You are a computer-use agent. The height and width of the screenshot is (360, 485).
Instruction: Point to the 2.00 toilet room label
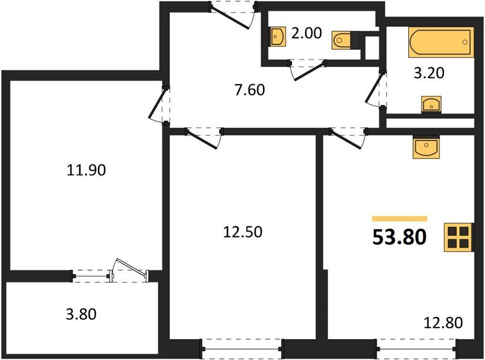pos(306,34)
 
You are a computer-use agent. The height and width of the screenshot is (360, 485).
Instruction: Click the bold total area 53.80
pos(400,238)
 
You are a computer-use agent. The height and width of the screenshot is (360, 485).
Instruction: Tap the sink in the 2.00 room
pos(278,37)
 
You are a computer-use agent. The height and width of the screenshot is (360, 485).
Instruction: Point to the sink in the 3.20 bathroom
pos(430,105)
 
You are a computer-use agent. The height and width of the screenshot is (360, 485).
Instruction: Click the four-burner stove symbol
pos(457,238)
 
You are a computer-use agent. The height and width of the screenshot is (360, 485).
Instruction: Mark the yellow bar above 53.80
pos(400,219)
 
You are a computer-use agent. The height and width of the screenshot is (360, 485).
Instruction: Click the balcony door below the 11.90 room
pos(129,271)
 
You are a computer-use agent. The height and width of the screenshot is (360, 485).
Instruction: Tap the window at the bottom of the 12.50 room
pos(241,347)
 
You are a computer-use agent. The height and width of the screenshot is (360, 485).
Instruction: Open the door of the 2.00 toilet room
pos(307,69)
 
